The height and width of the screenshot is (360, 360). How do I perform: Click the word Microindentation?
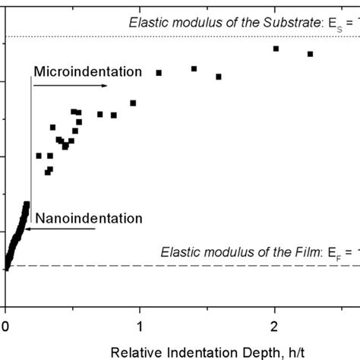[88, 72]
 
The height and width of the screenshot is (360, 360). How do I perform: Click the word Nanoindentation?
[88, 219]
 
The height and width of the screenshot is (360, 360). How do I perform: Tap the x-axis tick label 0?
[6, 305]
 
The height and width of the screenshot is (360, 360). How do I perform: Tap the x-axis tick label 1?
[140, 305]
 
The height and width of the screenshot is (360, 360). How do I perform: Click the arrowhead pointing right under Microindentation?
[104, 86]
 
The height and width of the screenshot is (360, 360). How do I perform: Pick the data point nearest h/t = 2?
[276, 49]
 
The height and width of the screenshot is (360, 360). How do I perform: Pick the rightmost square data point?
[310, 54]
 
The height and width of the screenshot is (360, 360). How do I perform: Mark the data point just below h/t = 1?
[133, 103]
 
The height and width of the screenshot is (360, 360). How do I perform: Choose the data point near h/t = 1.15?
[159, 73]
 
